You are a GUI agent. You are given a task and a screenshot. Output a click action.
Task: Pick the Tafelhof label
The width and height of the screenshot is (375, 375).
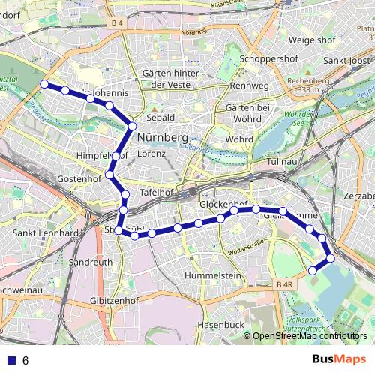point(157,193)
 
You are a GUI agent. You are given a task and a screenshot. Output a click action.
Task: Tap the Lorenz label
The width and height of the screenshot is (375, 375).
point(151,153)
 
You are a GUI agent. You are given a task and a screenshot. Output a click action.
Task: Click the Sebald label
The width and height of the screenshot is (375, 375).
point(160,118)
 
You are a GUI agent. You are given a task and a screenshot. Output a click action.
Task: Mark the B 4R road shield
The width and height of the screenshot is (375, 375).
point(283,284)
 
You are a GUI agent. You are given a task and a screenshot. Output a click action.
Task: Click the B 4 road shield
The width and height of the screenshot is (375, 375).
point(115,23)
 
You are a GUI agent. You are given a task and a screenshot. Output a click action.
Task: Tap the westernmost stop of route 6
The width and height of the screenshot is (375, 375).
point(44,84)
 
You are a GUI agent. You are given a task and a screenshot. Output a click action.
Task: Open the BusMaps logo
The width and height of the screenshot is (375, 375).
point(339,359)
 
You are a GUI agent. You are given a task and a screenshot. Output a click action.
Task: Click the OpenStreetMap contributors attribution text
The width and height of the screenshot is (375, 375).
point(310,336)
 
